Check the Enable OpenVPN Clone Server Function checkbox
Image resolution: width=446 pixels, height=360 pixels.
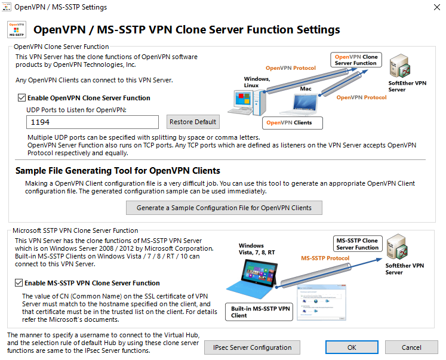coord(21,98)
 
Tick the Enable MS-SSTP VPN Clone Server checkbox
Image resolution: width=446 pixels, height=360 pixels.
coord(19,283)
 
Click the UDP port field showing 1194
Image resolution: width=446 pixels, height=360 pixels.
coord(93,122)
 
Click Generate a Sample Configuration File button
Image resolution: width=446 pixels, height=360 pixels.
coord(224,208)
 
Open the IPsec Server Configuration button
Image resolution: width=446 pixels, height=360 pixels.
coord(252,347)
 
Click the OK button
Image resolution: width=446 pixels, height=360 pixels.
coord(352,347)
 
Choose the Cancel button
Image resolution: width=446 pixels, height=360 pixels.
coord(411,347)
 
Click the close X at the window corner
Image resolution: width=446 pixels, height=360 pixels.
coord(437,7)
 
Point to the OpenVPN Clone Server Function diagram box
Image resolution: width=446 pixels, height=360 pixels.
coord(356,60)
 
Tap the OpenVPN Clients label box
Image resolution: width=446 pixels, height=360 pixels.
coord(293,123)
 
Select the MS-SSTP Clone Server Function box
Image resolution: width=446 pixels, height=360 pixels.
coord(358,244)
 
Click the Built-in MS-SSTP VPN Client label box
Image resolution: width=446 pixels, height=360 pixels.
coord(259,312)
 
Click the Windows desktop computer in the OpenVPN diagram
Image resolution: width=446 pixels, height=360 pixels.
coord(247,102)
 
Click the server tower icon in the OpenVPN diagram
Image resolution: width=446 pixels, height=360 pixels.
coord(399,66)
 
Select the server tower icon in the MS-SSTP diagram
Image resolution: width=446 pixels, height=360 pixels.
coord(398,247)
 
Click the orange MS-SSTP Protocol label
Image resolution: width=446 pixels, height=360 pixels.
coord(325,258)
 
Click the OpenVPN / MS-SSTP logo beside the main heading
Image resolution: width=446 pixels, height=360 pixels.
coord(17,30)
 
